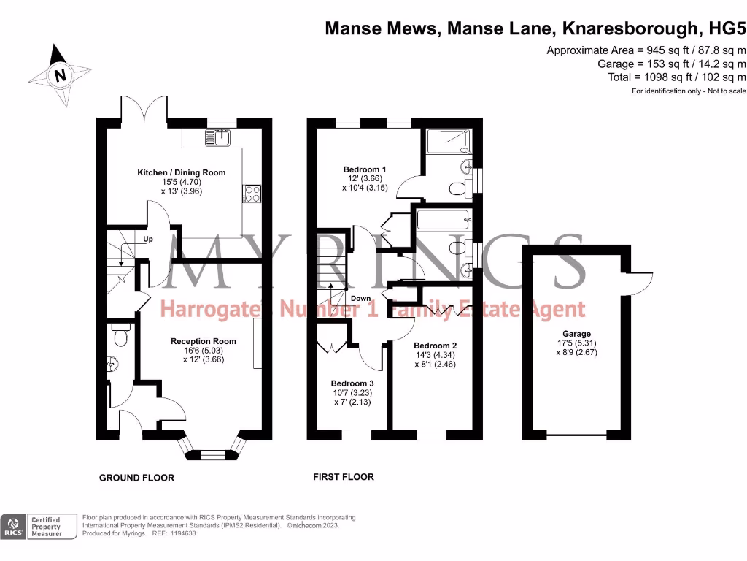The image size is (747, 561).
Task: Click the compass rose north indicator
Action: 60,74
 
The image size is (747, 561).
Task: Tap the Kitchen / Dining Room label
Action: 182,172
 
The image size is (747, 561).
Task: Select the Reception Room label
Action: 204,341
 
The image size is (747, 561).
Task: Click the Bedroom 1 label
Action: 365,169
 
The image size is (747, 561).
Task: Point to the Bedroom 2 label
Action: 435,346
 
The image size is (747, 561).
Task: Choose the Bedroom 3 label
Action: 352,383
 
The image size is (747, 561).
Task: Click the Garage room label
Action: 577,334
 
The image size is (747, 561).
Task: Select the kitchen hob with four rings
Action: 252,194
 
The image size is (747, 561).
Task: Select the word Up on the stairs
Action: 147,239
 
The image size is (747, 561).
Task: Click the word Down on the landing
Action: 360,298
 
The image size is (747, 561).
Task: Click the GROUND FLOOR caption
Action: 136,478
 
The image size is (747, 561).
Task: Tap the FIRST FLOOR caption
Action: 343,477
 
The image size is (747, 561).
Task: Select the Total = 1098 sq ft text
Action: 676,77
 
